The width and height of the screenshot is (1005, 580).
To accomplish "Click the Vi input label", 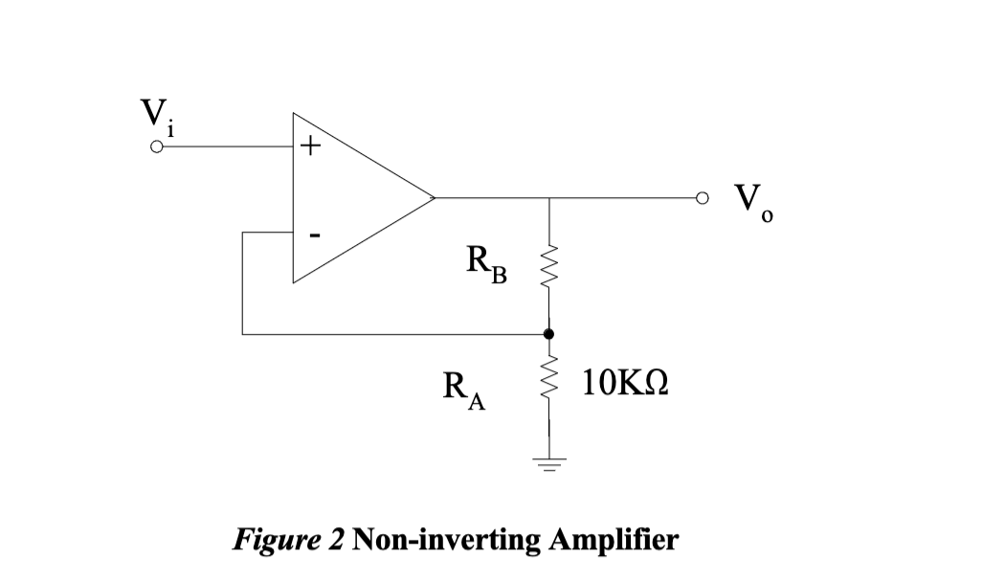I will tap(154, 118).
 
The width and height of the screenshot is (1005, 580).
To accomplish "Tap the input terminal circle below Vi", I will tap(156, 148).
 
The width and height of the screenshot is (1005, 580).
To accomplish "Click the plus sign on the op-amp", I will tap(307, 147).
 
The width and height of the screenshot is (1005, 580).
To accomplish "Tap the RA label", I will tap(463, 392).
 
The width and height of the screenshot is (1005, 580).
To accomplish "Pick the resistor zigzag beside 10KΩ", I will tap(548, 382).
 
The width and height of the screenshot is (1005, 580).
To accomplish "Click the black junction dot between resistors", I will tap(548, 334).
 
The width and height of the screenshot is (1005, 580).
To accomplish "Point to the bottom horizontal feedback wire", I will tap(383, 335).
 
